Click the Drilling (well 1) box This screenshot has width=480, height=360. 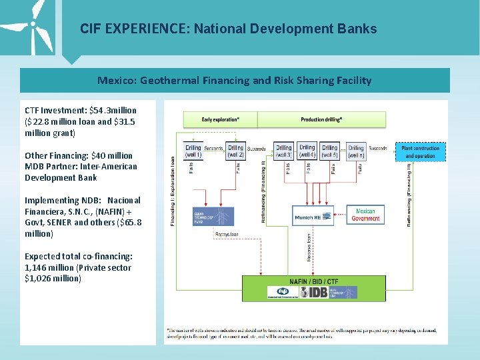193,152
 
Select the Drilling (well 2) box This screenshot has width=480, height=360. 235,152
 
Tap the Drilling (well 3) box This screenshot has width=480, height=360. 284,152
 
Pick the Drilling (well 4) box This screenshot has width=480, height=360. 307,151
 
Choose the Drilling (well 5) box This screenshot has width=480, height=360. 330,152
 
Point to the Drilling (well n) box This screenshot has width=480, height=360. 356,152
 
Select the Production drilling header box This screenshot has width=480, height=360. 321,119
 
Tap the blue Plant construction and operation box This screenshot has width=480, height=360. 420,152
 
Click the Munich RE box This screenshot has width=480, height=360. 313,215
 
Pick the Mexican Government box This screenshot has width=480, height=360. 365,215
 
